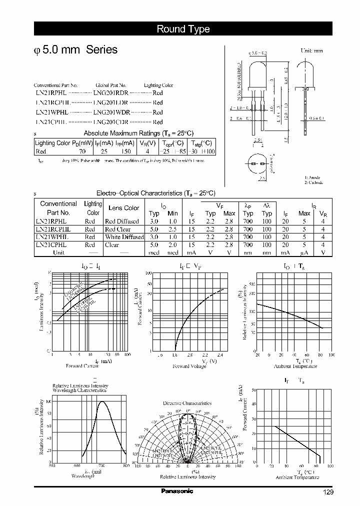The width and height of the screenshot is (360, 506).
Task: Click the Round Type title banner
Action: [183, 29]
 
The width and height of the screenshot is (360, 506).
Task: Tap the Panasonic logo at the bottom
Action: [176, 491]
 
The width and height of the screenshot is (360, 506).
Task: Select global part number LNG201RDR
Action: [111, 92]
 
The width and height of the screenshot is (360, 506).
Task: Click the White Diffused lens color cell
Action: [124, 237]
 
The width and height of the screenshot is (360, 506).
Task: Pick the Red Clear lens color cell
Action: [118, 229]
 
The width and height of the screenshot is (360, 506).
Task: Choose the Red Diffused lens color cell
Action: [121, 221]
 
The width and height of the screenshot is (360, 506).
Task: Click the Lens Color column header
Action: [123, 208]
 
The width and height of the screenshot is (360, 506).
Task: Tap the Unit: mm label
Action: [311, 51]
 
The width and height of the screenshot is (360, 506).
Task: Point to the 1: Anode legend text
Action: [312, 177]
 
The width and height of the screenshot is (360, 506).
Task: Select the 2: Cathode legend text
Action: [314, 183]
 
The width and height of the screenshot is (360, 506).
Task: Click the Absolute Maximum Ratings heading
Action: [138, 133]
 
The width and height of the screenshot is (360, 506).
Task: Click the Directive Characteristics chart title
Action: [187, 403]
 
